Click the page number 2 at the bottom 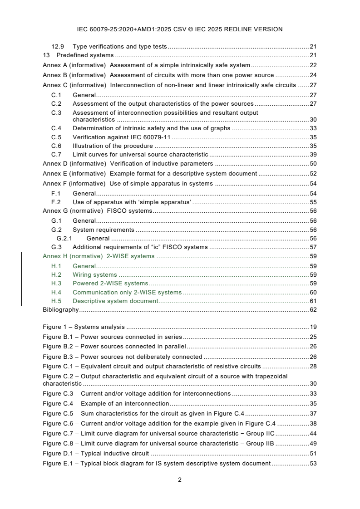click(x=180, y=480)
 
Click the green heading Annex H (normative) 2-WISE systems click(x=99, y=256)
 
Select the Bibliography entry click(x=61, y=310)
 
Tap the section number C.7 click(x=56, y=155)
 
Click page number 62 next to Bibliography click(x=313, y=310)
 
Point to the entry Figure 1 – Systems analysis click(x=84, y=327)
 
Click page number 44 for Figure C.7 click(x=313, y=433)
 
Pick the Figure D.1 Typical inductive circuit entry click(x=96, y=453)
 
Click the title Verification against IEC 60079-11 click(x=121, y=137)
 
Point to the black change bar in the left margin click(x=22, y=279)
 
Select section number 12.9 click(x=57, y=46)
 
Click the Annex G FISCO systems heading click(x=97, y=210)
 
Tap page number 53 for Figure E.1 click(x=313, y=463)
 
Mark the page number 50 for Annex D click(x=313, y=163)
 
